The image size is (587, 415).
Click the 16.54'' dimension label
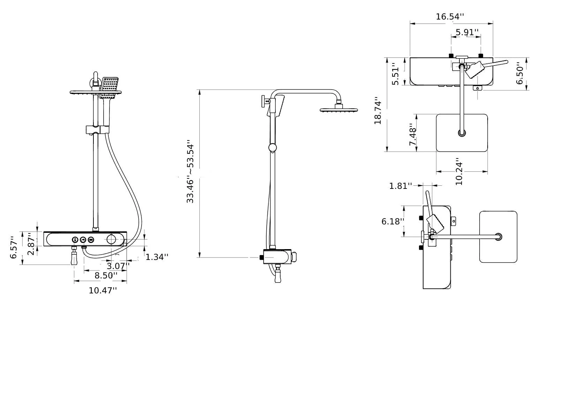click(450, 17)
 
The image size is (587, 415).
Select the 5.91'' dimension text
click(467, 32)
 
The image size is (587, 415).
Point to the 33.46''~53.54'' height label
click(190, 172)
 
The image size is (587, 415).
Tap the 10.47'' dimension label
click(102, 290)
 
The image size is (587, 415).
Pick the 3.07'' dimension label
click(118, 266)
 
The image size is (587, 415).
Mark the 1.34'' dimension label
click(157, 257)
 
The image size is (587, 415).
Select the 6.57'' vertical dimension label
click(14, 248)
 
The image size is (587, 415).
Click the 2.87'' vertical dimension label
click(31, 244)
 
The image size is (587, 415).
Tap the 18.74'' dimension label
click(378, 113)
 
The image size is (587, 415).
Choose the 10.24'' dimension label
click(459, 174)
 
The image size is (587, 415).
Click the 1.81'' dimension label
click(401, 186)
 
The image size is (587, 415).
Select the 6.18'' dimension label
click(392, 222)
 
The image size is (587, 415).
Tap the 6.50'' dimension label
click(520, 74)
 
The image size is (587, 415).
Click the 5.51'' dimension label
click(395, 74)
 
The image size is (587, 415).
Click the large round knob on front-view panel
click(111, 239)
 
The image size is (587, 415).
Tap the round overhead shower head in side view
click(339, 110)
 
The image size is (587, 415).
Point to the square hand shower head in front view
click(109, 87)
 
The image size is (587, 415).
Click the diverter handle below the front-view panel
click(74, 258)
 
